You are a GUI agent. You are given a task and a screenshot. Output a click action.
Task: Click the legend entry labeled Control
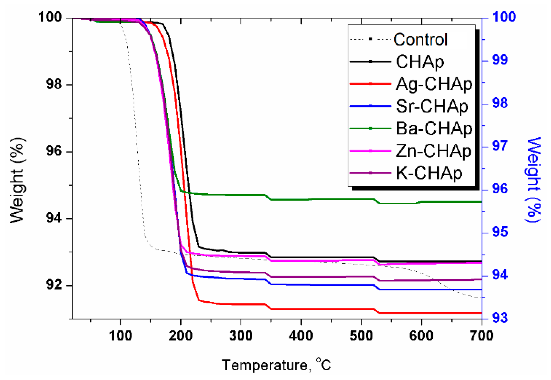[x=420, y=40]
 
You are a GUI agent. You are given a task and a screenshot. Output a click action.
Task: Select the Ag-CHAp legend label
[x=434, y=84]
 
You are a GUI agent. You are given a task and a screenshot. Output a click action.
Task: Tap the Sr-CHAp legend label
[x=432, y=106]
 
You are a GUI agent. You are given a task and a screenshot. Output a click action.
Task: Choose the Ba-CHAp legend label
[x=434, y=129]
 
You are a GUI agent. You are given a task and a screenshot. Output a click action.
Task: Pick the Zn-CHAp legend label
[x=433, y=151]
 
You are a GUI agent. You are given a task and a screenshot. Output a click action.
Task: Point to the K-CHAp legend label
[x=429, y=173]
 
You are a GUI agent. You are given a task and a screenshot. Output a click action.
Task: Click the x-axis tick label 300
[x=241, y=336]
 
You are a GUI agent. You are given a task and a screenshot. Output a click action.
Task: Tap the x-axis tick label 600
[x=421, y=336]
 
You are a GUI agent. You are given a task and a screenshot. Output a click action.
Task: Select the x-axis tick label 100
[x=120, y=336]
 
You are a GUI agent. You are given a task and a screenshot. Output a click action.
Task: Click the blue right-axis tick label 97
[x=500, y=146]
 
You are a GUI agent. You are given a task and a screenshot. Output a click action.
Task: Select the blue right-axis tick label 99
[x=500, y=60]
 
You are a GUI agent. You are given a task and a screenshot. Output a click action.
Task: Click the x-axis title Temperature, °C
[x=276, y=365]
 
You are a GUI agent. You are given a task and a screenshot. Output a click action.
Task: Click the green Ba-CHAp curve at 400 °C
[x=301, y=200]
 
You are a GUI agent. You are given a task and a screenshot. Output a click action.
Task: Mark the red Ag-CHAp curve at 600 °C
[x=421, y=313]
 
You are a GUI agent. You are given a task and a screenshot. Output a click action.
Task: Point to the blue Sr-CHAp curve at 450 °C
[x=331, y=285]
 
